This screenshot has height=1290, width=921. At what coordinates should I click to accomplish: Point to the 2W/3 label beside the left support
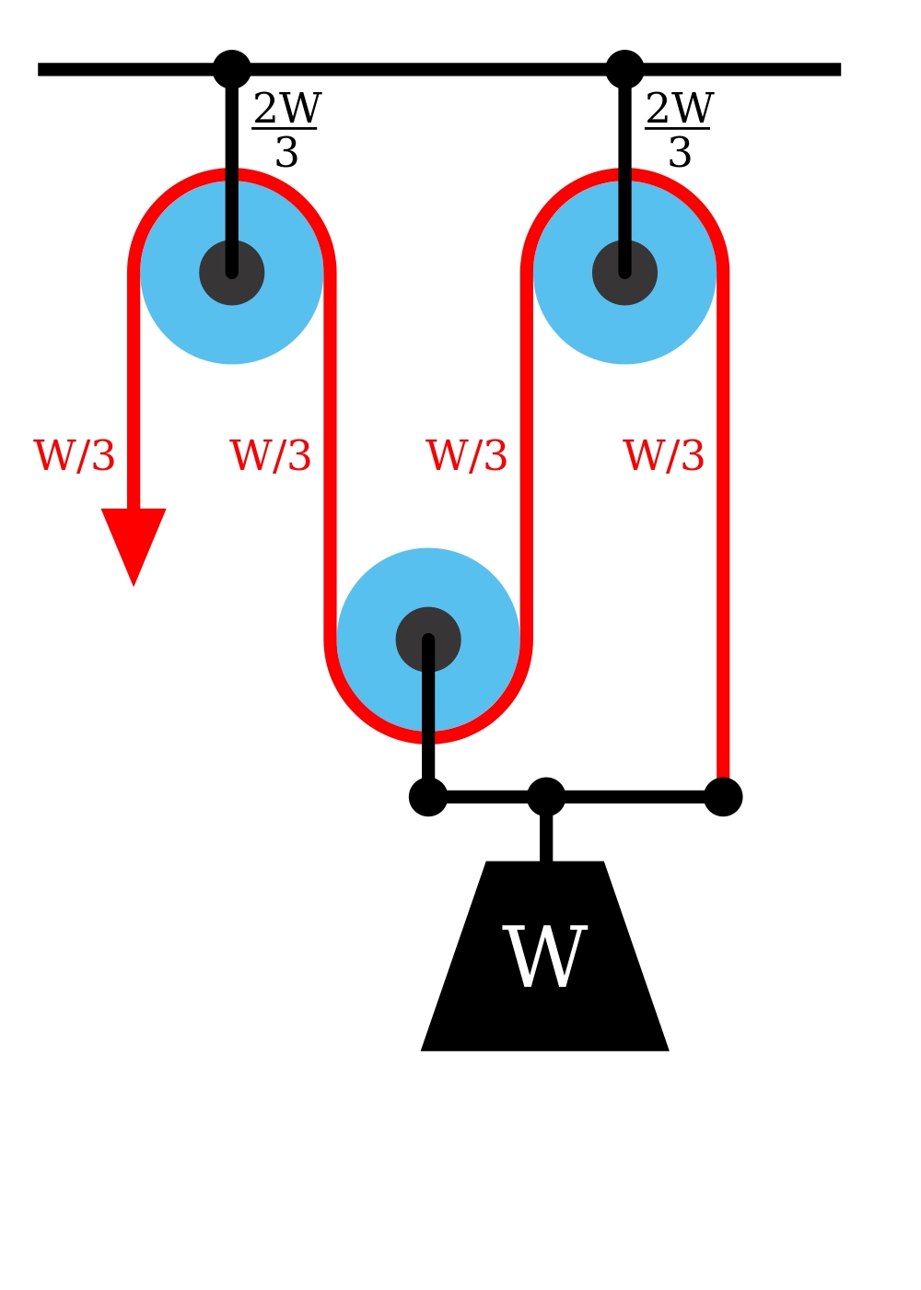click(286, 130)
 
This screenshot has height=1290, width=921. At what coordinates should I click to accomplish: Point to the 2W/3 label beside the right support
click(680, 130)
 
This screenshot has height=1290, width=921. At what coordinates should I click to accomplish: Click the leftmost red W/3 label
click(75, 456)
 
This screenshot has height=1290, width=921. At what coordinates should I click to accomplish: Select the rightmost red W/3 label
click(664, 456)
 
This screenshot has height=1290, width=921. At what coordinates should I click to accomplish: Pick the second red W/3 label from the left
click(271, 456)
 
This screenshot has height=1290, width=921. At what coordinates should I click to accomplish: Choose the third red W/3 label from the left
click(467, 456)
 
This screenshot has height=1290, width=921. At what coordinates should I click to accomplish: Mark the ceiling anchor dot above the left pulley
click(232, 69)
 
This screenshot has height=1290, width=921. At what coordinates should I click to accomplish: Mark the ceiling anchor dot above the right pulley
click(624, 69)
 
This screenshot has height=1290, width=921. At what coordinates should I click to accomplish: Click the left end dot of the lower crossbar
click(428, 797)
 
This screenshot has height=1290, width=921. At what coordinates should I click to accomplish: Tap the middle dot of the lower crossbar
click(546, 797)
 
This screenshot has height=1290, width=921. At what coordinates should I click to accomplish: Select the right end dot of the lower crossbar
click(723, 797)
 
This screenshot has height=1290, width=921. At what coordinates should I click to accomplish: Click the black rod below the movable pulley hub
click(428, 728)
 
